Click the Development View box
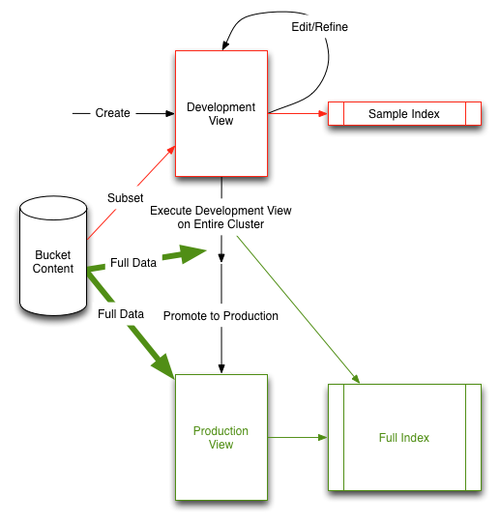pos(221,113)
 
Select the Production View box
pos(221,437)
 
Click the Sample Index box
pos(403,114)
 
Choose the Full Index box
pos(403,437)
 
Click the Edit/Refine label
pos(319,27)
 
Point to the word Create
pos(112,114)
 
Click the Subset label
pos(126,197)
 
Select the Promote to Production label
pos(221,316)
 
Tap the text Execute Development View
pos(221,210)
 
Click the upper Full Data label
pos(133,262)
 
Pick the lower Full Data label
pos(121,314)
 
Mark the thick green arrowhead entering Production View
pos(162,366)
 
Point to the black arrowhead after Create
pos(165,114)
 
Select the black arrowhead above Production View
pos(221,366)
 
